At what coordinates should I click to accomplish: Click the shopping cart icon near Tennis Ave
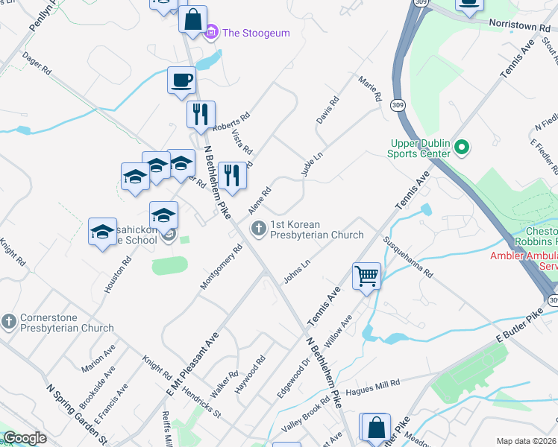tap(367, 276)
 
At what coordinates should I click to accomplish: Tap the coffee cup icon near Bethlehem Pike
tap(181, 80)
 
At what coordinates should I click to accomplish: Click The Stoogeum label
tap(256, 33)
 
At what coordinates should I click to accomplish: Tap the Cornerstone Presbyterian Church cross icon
tap(9, 322)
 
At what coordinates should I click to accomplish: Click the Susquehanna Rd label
tap(407, 257)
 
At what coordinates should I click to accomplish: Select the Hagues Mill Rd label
tap(374, 384)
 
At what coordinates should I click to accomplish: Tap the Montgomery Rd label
tap(222, 267)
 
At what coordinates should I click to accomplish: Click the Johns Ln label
tap(296, 272)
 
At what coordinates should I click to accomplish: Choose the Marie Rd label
tap(370, 89)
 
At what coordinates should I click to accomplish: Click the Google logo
tap(25, 438)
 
